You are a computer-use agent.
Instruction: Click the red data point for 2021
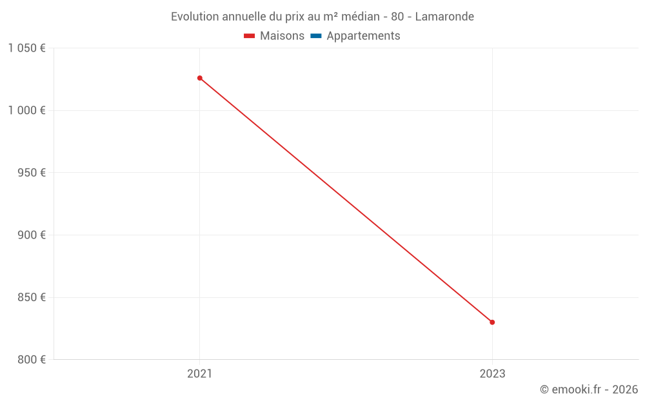coord(200,78)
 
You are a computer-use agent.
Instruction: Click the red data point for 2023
coord(492,322)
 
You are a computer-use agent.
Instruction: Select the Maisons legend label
coord(282,36)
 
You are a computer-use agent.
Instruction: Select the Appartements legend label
coord(363,36)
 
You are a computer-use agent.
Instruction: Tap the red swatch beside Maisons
coord(250,36)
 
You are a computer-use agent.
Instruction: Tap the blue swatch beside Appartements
coord(316,36)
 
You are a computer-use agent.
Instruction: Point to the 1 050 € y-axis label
coord(27,48)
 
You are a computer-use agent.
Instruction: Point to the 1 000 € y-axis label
coord(27,110)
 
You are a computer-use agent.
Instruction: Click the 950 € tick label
coord(31,173)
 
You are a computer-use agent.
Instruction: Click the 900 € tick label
coord(31,235)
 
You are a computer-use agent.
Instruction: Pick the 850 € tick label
coord(31,297)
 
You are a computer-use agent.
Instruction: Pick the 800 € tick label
coord(31,360)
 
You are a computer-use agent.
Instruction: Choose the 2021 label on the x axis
coord(199,373)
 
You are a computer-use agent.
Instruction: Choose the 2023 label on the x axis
coord(492,373)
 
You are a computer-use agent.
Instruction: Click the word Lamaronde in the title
coord(444,17)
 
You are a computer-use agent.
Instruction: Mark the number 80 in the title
coord(397,17)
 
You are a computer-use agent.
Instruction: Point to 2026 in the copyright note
coord(625,389)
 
